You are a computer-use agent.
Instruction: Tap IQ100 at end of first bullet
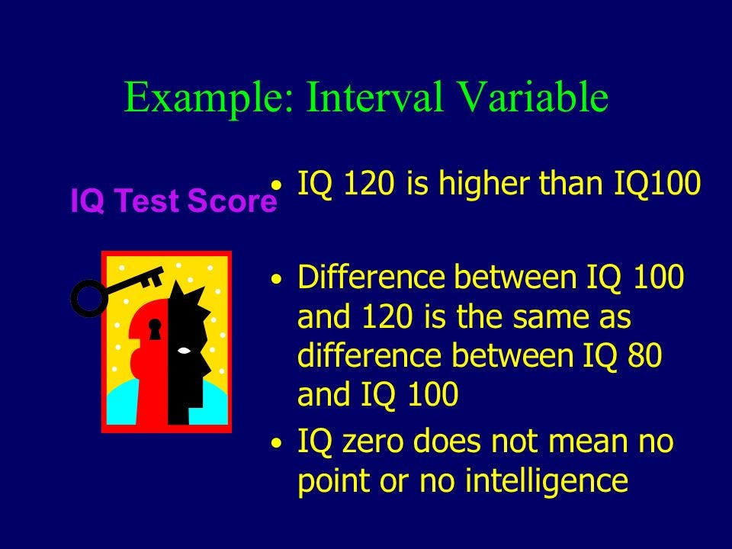[657, 184]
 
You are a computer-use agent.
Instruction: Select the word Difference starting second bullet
[371, 277]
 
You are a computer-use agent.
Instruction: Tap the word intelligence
[547, 482]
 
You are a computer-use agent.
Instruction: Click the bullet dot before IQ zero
[277, 442]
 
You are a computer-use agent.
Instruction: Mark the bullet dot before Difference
[277, 279]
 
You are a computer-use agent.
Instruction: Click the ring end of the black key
[89, 298]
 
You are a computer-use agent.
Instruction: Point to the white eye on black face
[184, 350]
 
